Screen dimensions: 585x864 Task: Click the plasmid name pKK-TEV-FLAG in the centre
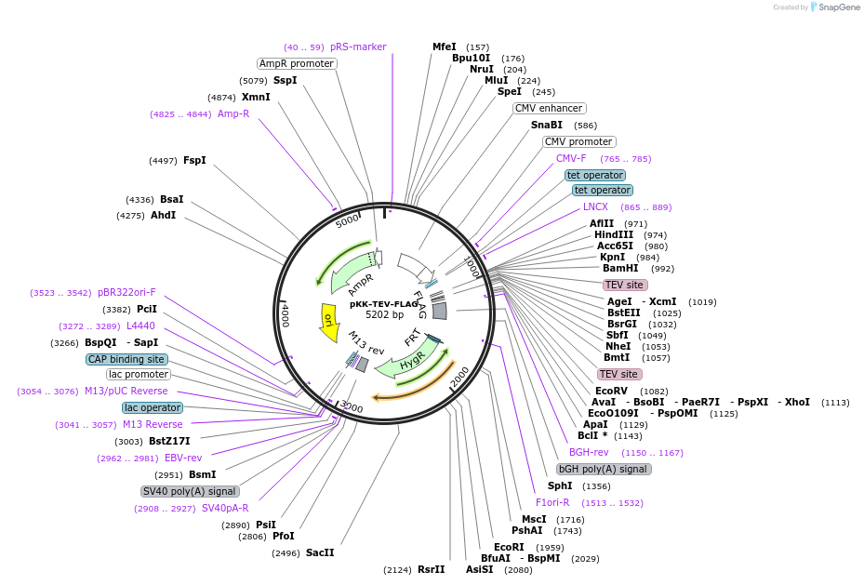(x=384, y=304)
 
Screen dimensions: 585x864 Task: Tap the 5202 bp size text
(x=384, y=315)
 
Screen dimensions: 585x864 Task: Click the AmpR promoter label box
(x=297, y=63)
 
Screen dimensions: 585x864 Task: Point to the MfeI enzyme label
(x=445, y=47)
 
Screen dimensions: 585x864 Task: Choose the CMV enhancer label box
(x=549, y=108)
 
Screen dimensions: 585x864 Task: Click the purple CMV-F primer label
(x=571, y=158)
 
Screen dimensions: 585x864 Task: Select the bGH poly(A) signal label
(x=603, y=469)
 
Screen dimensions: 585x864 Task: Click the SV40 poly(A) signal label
(x=190, y=491)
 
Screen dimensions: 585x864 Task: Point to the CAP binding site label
(x=127, y=359)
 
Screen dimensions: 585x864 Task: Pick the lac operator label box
(x=153, y=407)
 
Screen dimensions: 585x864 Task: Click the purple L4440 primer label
(x=140, y=326)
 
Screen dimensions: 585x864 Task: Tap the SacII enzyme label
(x=320, y=552)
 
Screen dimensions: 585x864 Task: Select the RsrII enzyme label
(x=432, y=569)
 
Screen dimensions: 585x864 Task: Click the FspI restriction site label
(x=194, y=160)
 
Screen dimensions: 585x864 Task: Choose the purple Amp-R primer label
(x=233, y=113)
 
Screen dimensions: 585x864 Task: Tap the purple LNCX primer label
(x=595, y=206)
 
